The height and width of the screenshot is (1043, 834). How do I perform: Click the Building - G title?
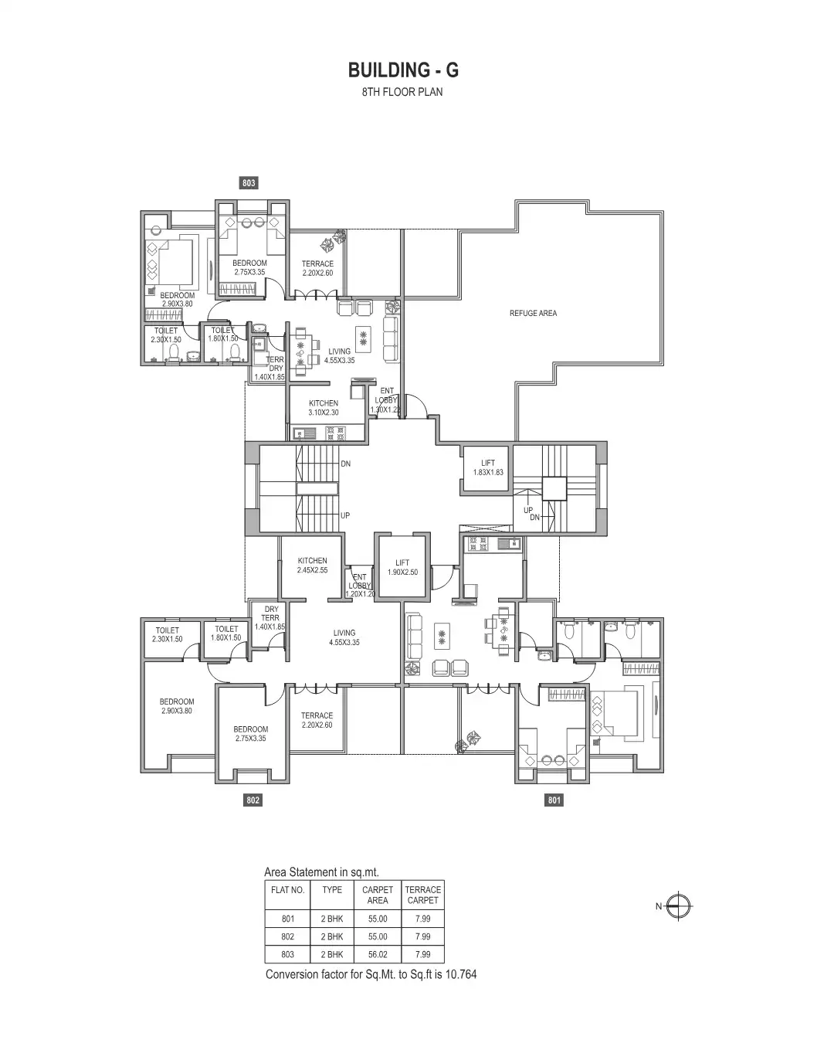click(x=403, y=70)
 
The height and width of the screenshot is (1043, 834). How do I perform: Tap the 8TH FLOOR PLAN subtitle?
click(x=403, y=92)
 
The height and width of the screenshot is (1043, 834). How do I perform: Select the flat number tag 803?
click(x=249, y=183)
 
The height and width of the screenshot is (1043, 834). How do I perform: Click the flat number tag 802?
click(x=253, y=800)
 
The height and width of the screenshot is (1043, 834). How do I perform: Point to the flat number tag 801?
click(x=554, y=800)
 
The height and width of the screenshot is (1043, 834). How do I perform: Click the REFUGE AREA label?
click(x=533, y=314)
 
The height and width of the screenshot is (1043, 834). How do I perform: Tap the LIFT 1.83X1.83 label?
click(x=488, y=467)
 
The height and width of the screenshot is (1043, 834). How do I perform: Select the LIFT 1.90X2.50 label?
click(x=402, y=568)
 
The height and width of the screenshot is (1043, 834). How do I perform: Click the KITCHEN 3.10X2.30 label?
click(x=324, y=408)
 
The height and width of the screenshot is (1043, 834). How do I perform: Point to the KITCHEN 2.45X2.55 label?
click(x=312, y=566)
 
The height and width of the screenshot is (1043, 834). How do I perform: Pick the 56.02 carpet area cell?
click(x=378, y=955)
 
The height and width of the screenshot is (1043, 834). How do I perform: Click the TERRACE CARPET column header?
click(x=422, y=895)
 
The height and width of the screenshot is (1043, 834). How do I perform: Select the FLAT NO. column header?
click(x=288, y=890)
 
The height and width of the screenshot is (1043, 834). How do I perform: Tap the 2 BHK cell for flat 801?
click(x=332, y=919)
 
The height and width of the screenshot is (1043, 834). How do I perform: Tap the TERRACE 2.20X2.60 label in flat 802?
click(x=317, y=720)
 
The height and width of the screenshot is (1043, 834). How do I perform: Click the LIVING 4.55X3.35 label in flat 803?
click(x=339, y=356)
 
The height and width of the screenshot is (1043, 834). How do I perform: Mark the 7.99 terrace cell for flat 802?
click(x=422, y=937)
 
